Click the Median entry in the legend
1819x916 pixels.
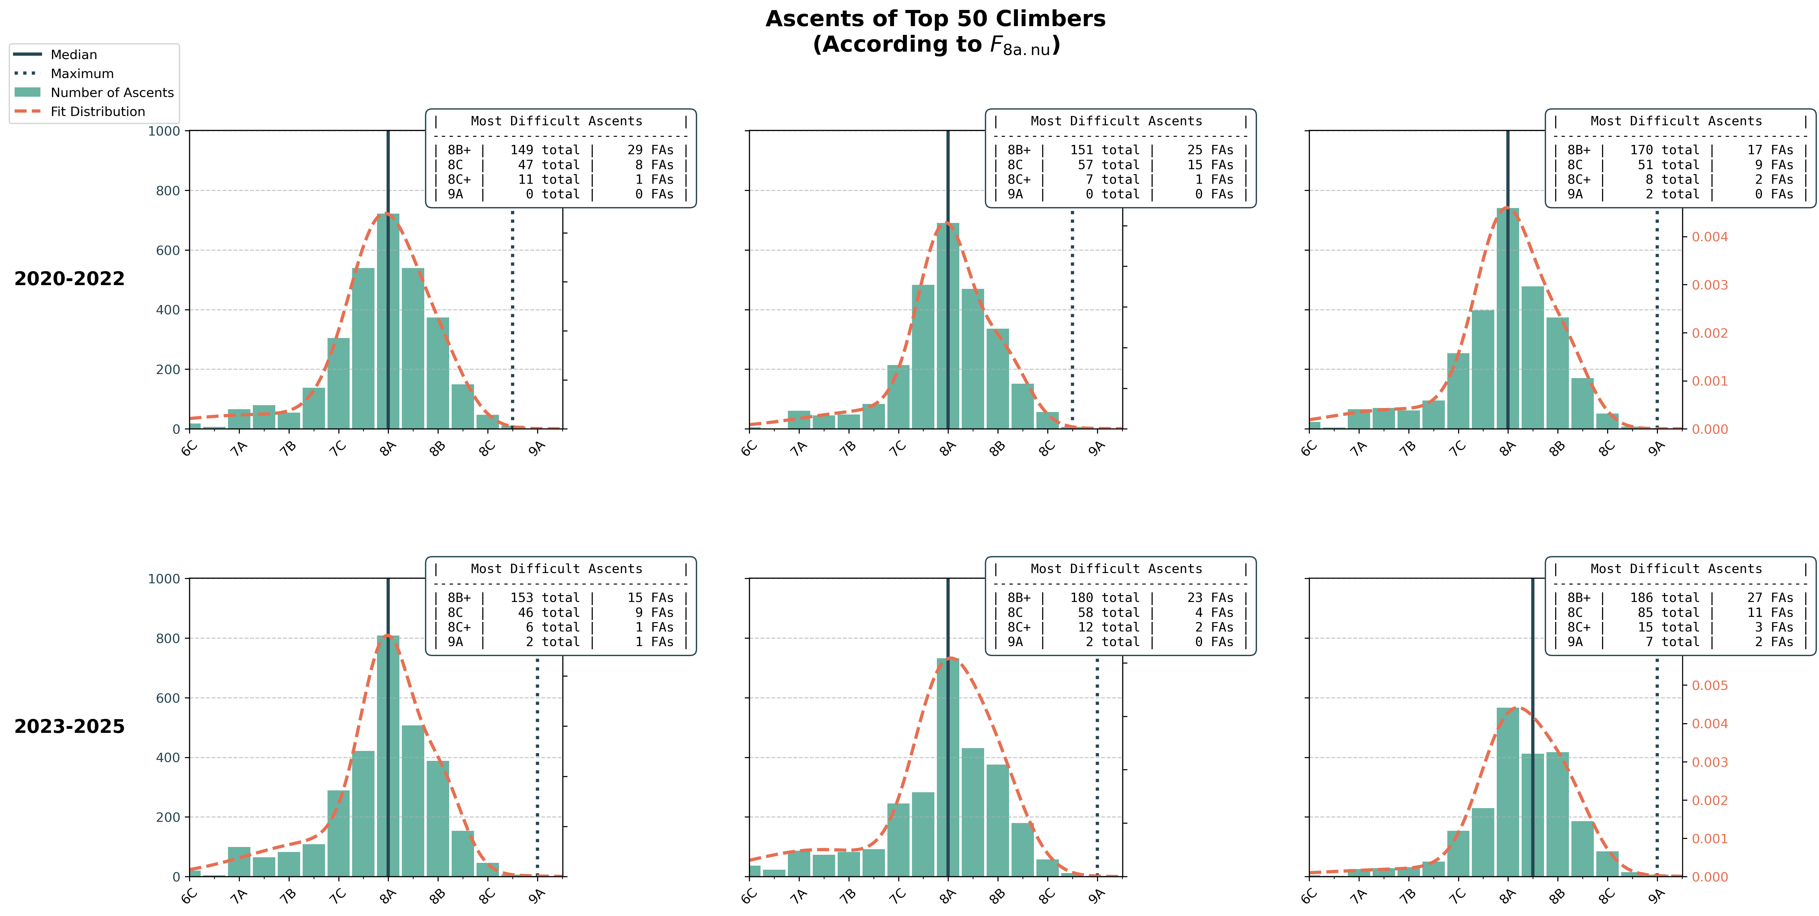(x=73, y=54)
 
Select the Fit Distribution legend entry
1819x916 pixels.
(x=97, y=112)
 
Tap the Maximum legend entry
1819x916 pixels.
(x=82, y=73)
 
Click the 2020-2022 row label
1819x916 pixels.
(x=69, y=279)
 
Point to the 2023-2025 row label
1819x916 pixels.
(x=69, y=726)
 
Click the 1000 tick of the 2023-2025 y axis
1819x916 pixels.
(x=164, y=579)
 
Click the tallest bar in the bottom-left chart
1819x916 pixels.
(x=388, y=755)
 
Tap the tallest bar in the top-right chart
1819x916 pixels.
(x=1508, y=317)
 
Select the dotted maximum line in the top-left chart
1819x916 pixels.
(x=513, y=317)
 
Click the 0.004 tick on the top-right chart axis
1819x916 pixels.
(x=1710, y=237)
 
